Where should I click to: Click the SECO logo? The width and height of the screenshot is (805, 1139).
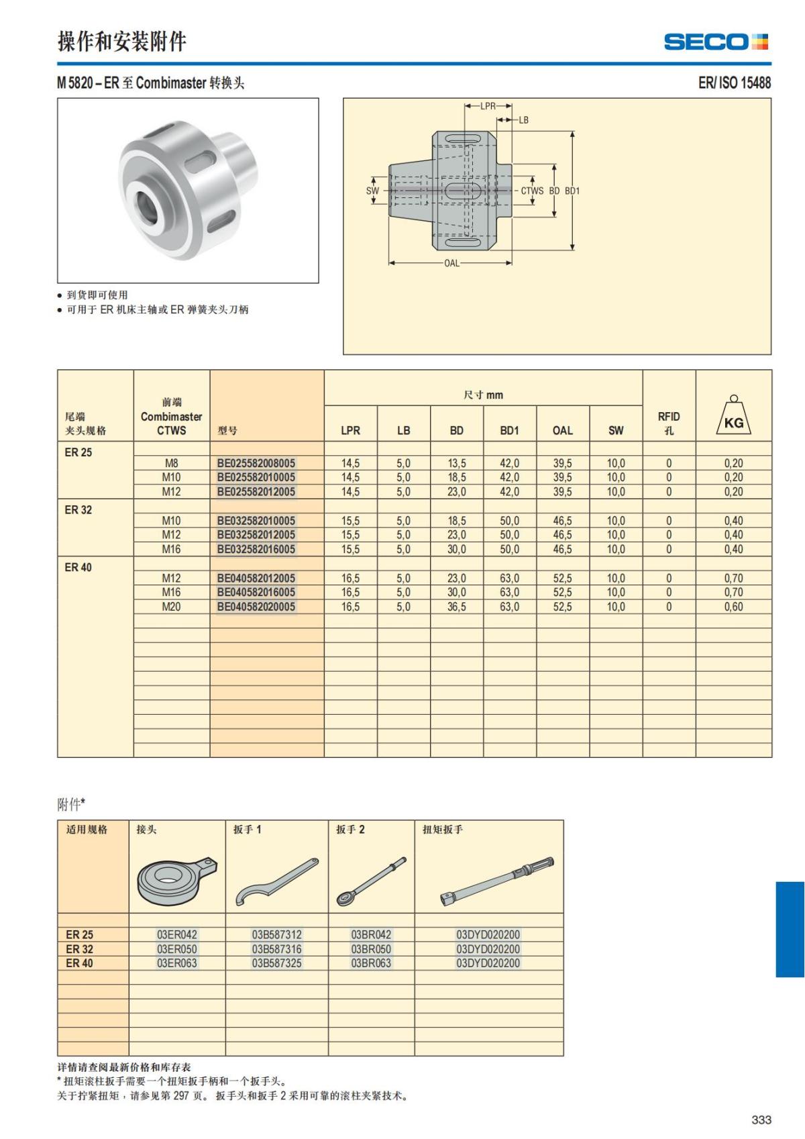click(716, 42)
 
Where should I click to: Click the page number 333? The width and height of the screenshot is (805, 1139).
click(761, 1120)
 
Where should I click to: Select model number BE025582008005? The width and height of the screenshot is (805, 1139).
click(256, 463)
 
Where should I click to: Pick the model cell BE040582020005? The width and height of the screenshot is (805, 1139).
click(256, 607)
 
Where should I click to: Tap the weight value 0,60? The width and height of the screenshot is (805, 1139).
click(733, 607)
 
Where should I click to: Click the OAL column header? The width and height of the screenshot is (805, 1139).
click(562, 430)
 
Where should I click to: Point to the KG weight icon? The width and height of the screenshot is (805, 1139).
click(733, 417)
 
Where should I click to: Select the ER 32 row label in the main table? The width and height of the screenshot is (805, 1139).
click(78, 510)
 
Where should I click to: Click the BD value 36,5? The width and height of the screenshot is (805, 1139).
click(456, 607)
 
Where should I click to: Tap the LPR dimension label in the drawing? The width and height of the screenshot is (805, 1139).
click(488, 106)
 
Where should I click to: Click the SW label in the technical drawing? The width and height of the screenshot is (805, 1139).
click(372, 191)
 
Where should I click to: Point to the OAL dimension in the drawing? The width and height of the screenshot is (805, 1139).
click(451, 263)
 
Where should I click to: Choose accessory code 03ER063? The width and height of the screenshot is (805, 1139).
click(177, 963)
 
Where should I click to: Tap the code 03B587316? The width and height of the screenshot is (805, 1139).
click(276, 949)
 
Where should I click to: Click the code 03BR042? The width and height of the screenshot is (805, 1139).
click(371, 934)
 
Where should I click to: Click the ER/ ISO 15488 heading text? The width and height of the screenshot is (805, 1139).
click(734, 83)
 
